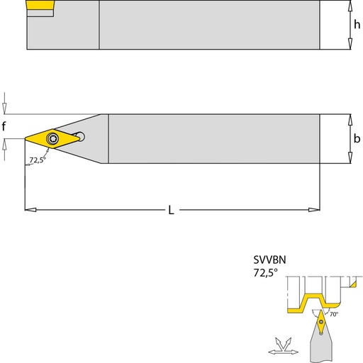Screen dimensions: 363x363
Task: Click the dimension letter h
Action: point(357,24)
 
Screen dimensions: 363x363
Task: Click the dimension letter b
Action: point(357,138)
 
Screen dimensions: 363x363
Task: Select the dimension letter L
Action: point(171,210)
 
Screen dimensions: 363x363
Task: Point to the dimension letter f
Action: point(4,126)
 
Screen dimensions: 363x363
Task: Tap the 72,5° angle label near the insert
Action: point(38,160)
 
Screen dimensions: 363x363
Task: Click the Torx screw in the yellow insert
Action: point(52,138)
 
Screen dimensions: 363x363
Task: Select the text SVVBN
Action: point(269,259)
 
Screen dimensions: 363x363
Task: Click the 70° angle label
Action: point(334,314)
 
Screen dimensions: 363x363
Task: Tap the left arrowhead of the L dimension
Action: point(30,210)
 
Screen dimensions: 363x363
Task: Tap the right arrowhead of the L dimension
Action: point(314,210)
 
